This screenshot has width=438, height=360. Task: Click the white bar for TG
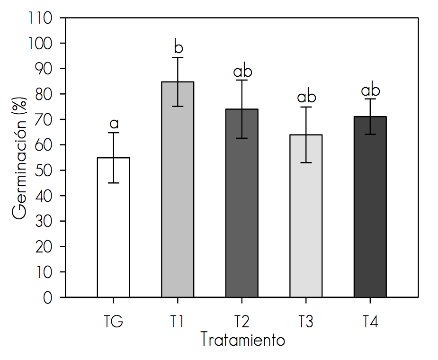114,227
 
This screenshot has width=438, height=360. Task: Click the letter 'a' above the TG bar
114,124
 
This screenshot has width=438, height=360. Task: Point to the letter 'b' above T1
178,48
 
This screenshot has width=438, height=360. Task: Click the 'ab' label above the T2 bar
242,72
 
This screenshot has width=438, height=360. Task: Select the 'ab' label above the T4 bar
371,90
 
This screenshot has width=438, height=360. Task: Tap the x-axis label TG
114,322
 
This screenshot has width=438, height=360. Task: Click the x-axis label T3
306,322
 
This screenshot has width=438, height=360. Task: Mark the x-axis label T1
178,322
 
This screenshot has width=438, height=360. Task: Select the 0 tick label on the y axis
48,297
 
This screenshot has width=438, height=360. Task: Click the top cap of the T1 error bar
178,57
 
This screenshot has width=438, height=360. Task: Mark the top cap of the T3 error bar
306,107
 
